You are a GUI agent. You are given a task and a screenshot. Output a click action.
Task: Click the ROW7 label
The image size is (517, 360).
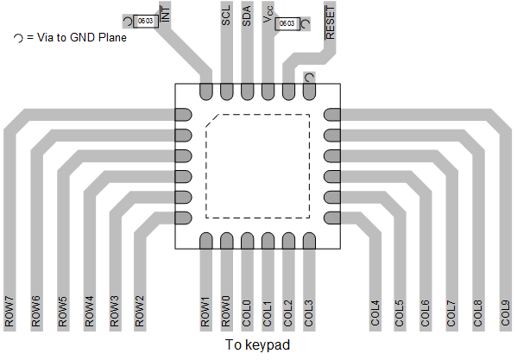[x=10, y=312]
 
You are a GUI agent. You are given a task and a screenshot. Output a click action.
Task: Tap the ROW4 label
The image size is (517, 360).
[x=90, y=312]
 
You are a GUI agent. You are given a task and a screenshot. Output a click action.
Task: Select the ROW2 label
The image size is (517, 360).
[x=140, y=312]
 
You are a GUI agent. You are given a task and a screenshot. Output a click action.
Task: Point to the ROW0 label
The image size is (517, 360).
[x=226, y=312]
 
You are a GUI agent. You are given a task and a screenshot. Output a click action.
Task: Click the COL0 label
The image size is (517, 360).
[x=247, y=312]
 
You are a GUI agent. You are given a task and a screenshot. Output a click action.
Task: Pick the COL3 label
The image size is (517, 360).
[x=309, y=312]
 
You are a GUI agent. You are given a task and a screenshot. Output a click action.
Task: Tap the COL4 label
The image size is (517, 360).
[x=375, y=312]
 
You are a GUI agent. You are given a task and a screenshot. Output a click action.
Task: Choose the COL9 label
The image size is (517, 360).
[x=505, y=312]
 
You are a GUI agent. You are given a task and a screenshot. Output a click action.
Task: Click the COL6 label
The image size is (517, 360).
[x=425, y=312]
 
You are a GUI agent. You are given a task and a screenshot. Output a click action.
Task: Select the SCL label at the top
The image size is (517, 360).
[x=226, y=16]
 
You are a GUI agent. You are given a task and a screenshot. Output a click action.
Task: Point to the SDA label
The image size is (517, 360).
[x=247, y=16]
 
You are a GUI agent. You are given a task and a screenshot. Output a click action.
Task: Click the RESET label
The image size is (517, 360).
[x=331, y=25]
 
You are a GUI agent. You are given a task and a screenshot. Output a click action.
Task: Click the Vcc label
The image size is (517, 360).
[x=268, y=20]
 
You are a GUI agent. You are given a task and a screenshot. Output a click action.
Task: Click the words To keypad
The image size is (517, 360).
[x=257, y=344]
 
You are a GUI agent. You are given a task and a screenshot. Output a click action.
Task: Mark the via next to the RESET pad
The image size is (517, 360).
[x=309, y=78]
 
